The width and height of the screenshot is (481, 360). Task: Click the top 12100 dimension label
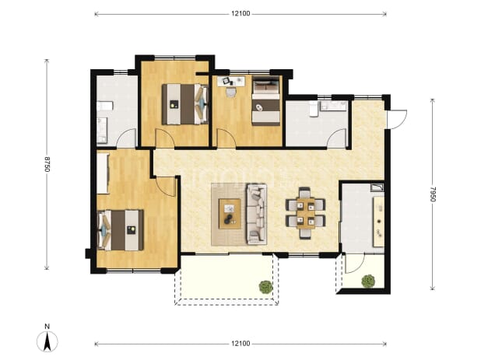click(240, 13)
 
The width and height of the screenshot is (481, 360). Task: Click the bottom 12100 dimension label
click(240, 344)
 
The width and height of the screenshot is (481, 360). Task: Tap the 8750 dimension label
click(47, 164)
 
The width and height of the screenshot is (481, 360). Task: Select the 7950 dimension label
click(432, 194)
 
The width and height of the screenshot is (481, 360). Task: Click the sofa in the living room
click(256, 214)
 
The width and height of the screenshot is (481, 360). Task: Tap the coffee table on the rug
click(230, 214)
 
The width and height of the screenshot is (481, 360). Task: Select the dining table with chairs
click(305, 212)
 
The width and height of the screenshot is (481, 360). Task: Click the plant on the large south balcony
click(265, 287)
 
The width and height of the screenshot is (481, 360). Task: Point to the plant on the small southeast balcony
click(368, 281)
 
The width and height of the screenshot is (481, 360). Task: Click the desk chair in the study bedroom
click(230, 92)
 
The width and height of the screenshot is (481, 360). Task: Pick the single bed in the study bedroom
click(266, 101)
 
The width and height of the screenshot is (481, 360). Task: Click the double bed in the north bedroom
click(185, 104)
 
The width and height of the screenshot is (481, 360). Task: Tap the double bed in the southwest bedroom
click(120, 230)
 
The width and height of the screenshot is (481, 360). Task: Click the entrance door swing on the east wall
click(397, 120)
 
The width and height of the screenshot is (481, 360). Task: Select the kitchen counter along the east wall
click(378, 221)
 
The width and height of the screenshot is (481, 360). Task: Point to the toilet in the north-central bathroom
click(314, 110)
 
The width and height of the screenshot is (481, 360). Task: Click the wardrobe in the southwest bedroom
click(103, 173)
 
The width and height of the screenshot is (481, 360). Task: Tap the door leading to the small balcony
click(355, 264)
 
